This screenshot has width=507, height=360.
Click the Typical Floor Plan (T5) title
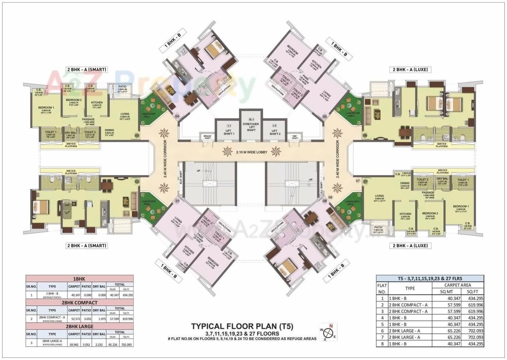(242, 327)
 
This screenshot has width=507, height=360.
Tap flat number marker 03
(137, 136)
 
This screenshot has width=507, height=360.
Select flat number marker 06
(365, 136)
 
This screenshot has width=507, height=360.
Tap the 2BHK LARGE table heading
(79, 326)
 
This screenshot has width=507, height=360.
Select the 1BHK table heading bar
(79, 278)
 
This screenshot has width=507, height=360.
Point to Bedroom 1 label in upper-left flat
(46, 108)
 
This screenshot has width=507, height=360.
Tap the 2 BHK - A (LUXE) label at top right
(410, 69)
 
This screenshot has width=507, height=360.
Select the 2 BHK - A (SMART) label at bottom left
(86, 246)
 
